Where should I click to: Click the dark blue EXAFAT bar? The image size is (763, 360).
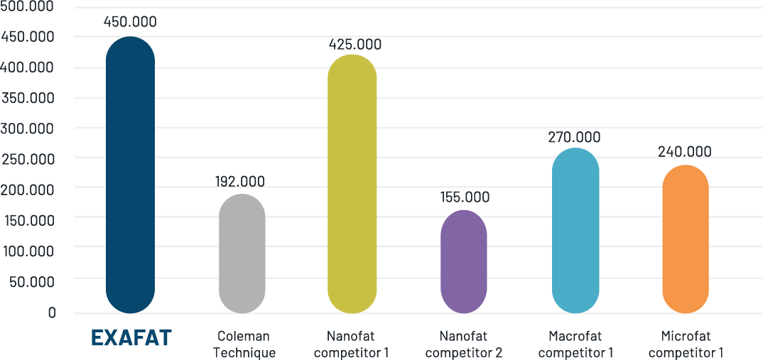130,175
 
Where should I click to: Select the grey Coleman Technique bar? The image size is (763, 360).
242,253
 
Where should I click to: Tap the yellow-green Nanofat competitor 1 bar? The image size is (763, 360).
352,183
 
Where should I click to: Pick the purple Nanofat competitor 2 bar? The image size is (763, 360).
464,261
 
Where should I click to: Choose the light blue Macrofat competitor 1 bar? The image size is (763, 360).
575,230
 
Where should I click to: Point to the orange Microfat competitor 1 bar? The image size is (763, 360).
686,239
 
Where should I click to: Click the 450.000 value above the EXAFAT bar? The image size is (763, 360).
130,21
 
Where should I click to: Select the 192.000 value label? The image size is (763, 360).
239,181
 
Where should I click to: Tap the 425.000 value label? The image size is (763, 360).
355,45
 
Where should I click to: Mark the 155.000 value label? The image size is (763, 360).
465,197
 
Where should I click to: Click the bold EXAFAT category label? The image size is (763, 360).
131,338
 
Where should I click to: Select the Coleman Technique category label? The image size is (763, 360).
244,344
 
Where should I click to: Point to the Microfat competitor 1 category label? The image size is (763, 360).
686,344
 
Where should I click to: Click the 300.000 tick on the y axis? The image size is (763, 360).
30,128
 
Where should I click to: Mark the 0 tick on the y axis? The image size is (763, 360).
52,312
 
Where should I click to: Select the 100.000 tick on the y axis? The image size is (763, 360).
30,251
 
